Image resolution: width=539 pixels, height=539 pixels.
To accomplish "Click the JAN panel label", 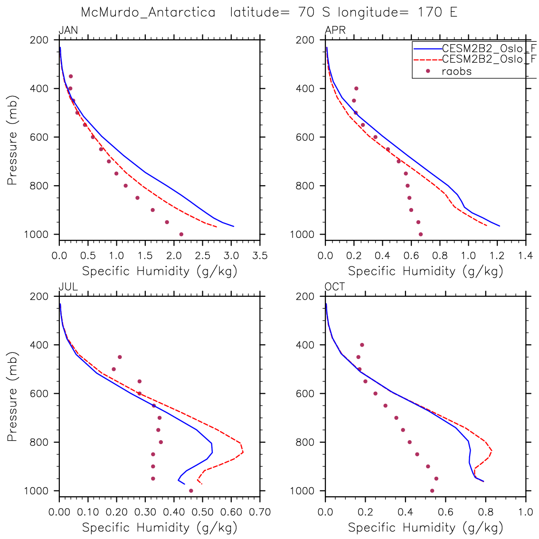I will (68, 31).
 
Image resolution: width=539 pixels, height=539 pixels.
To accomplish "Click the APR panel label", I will (335, 31).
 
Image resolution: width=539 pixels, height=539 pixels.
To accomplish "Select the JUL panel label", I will (68, 287).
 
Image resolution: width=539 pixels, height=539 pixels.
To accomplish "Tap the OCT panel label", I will (335, 287).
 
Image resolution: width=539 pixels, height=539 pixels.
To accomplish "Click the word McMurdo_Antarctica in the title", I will (148, 12).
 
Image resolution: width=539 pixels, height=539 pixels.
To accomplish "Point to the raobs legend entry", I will (456, 71).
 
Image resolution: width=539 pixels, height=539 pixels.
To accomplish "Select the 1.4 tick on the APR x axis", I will (525, 256).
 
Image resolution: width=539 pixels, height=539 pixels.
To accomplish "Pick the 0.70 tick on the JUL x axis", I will (260, 512).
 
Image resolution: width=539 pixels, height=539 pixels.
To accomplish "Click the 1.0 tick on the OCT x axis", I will (525, 512).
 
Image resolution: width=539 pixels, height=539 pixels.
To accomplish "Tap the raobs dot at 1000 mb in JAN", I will (181, 234).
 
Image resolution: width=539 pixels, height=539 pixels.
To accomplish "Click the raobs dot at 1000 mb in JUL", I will (191, 491).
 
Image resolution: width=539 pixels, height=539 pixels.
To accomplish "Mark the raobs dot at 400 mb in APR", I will (356, 88).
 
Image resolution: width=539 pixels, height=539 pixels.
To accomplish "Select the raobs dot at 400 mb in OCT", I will (362, 345).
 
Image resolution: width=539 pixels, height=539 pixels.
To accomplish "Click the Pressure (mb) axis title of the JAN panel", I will (12, 137).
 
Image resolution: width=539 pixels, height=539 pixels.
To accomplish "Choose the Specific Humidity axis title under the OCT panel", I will (426, 528).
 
